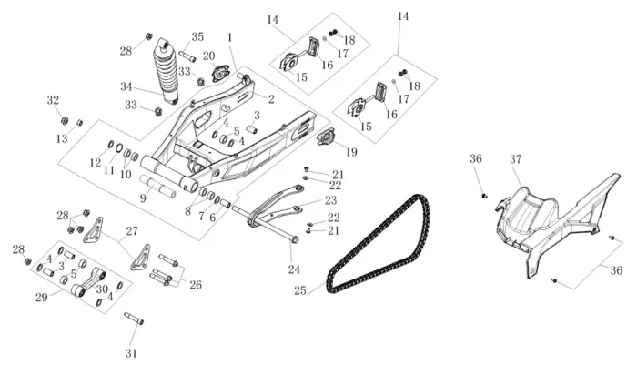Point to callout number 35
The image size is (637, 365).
tap(197, 37)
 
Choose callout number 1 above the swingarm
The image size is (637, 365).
tap(231, 37)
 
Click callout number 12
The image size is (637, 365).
tap(95, 163)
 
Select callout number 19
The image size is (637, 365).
tap(350, 152)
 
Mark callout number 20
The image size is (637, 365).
tap(208, 56)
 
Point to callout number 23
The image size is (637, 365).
tap(329, 200)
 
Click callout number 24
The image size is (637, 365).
tap(293, 269)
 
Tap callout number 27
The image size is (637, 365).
tap(132, 231)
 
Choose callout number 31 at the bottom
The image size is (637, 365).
tap(132, 352)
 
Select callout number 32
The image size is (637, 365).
tap(53, 100)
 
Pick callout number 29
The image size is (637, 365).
tap(39, 297)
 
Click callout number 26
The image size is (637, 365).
tap(196, 284)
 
